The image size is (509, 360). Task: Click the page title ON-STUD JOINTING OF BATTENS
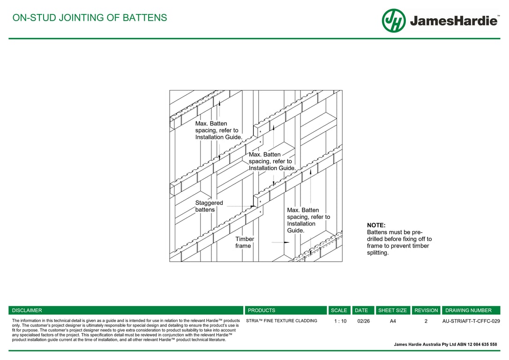pos(89,18)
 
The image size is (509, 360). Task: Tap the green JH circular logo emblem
pos(394,21)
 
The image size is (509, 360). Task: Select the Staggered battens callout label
pos(209,206)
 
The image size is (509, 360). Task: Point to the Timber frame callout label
pos(245,242)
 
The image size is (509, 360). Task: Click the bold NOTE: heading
pos(376,225)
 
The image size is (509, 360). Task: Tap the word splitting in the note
pos(378,253)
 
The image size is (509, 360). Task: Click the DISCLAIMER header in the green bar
pos(27,310)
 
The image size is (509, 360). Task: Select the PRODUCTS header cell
pos(262,310)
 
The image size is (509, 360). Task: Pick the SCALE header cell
pos(339,310)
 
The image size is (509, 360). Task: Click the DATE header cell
pos(361,310)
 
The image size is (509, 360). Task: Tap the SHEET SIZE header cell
pos(392,310)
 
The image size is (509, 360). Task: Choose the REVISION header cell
pos(426,310)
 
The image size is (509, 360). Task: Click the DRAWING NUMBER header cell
pos(468,310)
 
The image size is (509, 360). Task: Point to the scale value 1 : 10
pos(340,321)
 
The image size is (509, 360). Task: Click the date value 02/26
pos(363,321)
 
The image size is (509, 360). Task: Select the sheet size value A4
pos(393,321)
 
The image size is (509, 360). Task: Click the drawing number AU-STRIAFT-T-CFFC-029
pos(471,321)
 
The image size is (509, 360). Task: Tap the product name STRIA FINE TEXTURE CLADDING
pos(282,321)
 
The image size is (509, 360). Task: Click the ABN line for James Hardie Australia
pos(445,345)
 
